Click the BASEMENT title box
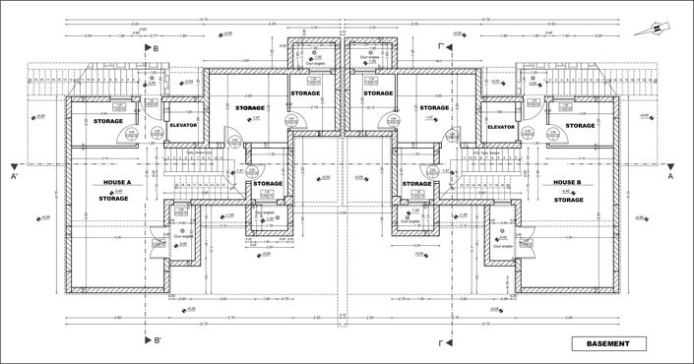pyautogui.click(x=608, y=343)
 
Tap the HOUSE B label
pyautogui.click(x=568, y=183)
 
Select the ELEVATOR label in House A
pyautogui.click(x=184, y=126)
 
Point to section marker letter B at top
pyautogui.click(x=156, y=46)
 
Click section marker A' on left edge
pyautogui.click(x=14, y=178)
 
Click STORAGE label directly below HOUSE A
pyautogui.click(x=114, y=199)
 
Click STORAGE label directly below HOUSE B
pyautogui.click(x=568, y=199)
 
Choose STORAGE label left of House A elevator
pyautogui.click(x=108, y=122)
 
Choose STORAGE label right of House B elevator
pyautogui.click(x=581, y=125)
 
